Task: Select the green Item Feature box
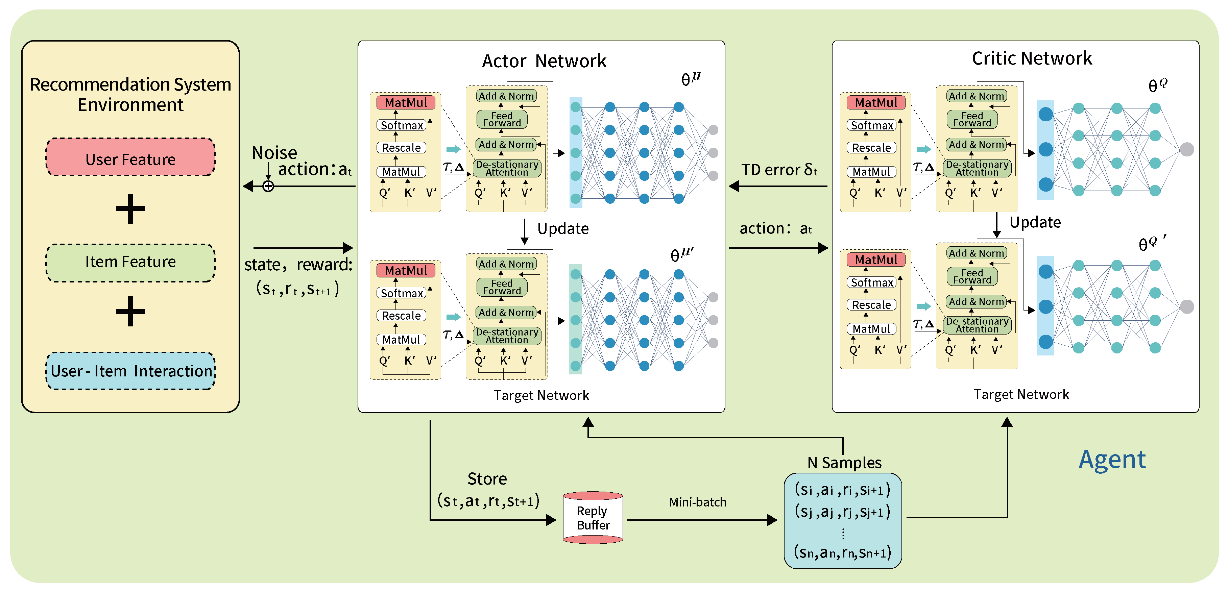[x=130, y=262]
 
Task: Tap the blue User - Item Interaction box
[x=130, y=371]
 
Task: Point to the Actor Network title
[x=544, y=61]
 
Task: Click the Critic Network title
[x=1032, y=58]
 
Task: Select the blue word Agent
[x=1112, y=460]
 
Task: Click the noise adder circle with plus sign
[x=268, y=187]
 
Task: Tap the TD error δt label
[x=779, y=170]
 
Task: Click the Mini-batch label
[x=697, y=502]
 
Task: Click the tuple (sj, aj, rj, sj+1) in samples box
[x=842, y=512]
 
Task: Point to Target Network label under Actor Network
[x=541, y=395]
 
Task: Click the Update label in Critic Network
[x=1035, y=222]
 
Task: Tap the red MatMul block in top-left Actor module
[x=406, y=102]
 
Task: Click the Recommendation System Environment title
[x=130, y=94]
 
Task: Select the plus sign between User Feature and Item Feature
[x=130, y=209]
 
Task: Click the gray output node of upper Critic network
[x=1186, y=149]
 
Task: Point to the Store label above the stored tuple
[x=487, y=478]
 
